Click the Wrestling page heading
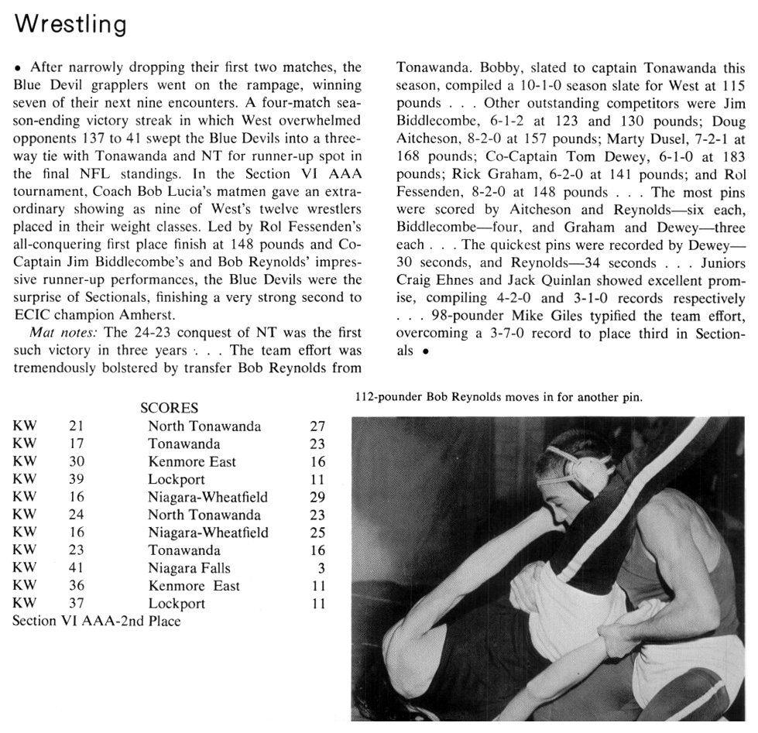[70, 24]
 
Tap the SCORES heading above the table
[169, 408]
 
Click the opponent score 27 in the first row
[317, 426]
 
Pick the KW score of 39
[77, 479]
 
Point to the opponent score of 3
[321, 568]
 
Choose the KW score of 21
[77, 426]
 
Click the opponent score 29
[317, 497]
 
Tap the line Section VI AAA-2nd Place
[97, 621]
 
